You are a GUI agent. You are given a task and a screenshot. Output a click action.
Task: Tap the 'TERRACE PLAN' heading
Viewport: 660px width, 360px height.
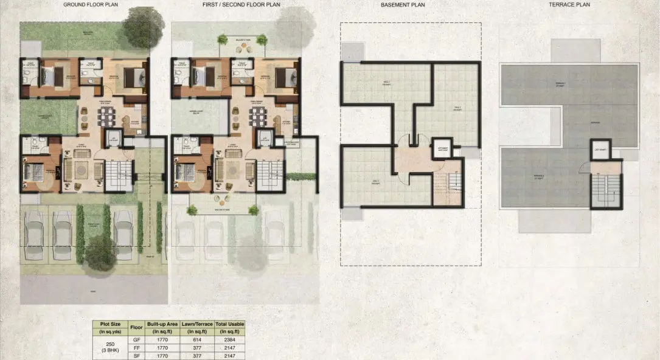569,5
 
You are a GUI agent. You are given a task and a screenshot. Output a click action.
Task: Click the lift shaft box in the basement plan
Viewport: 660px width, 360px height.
443,148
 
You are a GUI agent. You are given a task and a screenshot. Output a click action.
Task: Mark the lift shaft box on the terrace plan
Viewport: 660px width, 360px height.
600,149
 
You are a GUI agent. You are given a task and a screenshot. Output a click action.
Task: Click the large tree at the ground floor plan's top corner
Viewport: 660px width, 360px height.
144,26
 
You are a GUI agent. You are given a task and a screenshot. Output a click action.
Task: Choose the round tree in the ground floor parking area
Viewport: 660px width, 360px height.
99,253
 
